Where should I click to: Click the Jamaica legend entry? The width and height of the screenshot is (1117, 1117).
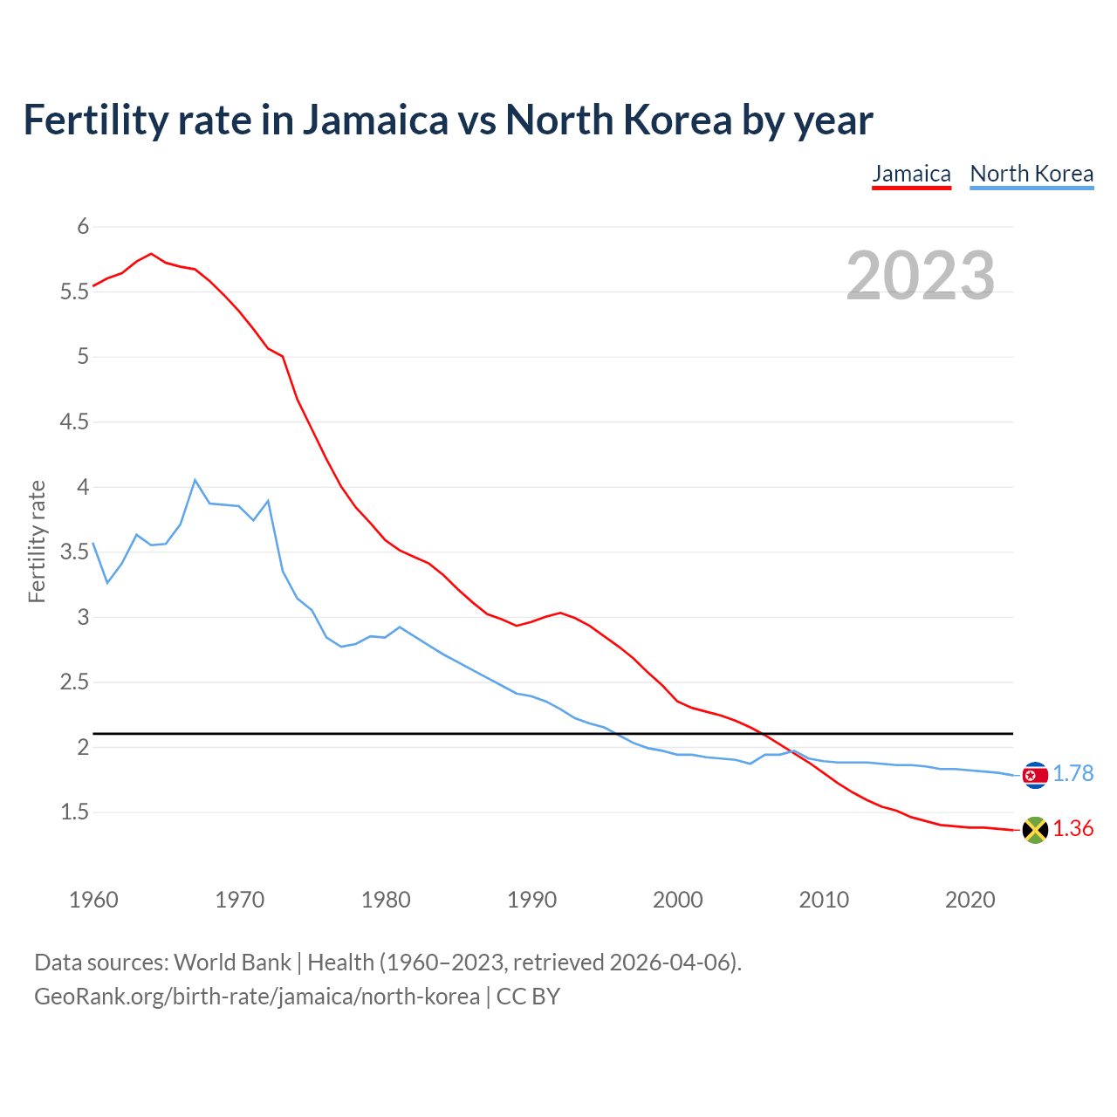point(911,174)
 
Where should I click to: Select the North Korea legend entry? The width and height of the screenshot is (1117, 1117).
point(1031,174)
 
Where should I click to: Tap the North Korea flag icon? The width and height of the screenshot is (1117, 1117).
point(1035,775)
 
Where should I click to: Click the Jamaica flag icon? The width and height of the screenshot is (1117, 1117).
point(1035,830)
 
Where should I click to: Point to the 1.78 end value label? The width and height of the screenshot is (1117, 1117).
point(1072,774)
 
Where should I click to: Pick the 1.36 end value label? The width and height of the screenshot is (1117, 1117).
point(1072,829)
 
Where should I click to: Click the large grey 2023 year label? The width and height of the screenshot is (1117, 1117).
point(920,276)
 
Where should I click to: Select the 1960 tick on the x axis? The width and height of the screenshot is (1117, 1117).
point(93,900)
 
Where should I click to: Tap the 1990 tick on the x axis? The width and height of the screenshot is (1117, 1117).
point(531,900)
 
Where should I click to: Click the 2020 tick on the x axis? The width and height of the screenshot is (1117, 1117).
point(970,900)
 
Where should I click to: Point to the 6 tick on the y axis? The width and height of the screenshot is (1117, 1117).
point(83,227)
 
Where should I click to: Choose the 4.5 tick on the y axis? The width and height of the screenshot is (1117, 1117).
point(74,422)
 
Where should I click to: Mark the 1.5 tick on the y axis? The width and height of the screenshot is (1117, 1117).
point(74,812)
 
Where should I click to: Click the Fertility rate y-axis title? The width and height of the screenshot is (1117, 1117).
point(37,541)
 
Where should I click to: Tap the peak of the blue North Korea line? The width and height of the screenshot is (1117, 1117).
point(195,480)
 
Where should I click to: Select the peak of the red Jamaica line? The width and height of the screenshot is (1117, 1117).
point(152,254)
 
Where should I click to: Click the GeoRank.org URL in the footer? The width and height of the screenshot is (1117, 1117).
point(257,997)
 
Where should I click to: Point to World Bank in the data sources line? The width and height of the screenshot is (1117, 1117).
point(232,963)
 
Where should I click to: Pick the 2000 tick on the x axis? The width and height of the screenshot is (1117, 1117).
point(677,900)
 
